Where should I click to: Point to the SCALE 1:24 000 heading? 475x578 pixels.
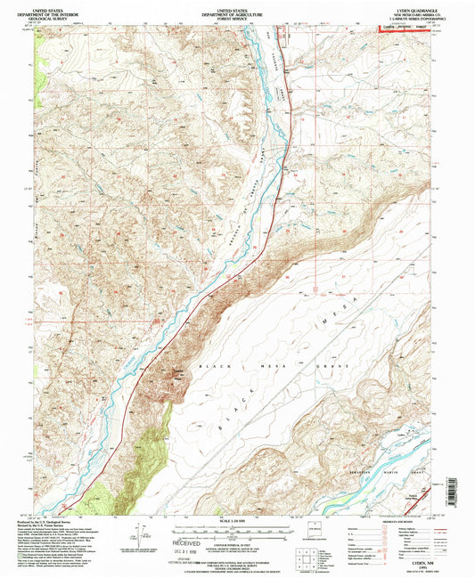tap(236, 520)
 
